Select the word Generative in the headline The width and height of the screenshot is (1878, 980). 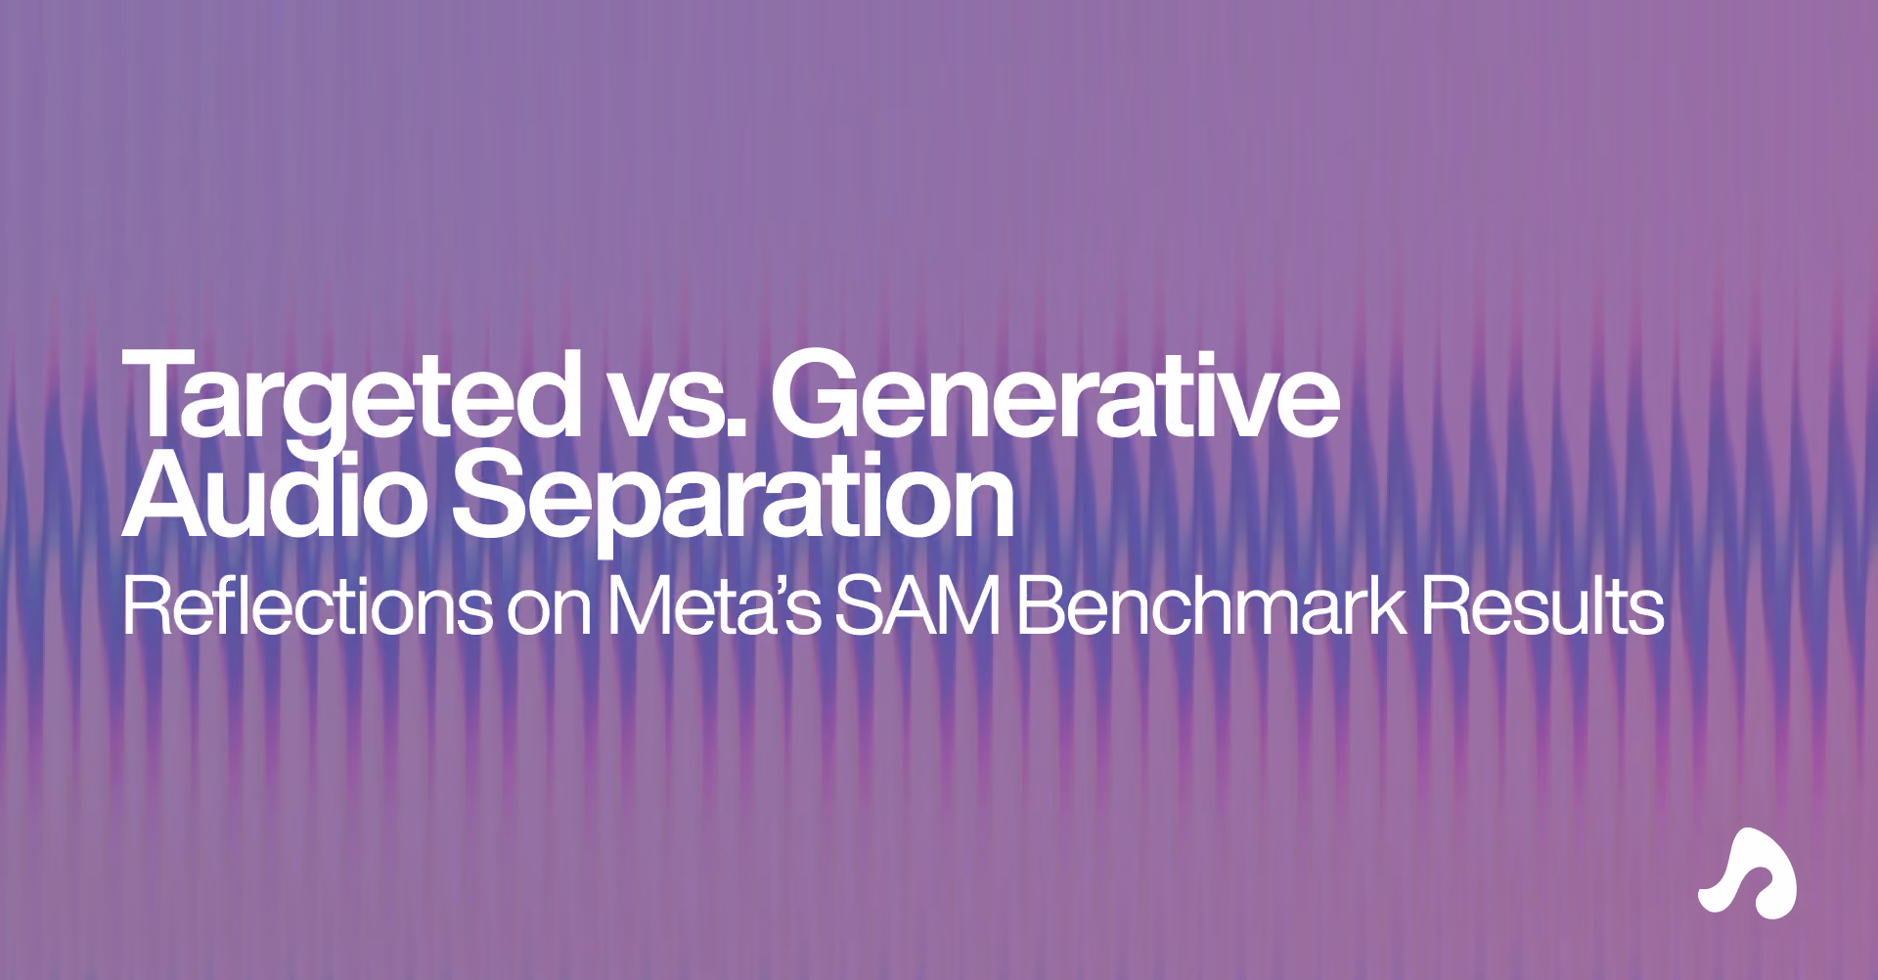click(1054, 394)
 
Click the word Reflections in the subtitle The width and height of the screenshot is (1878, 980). click(307, 606)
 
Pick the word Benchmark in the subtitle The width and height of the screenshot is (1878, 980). click(1211, 606)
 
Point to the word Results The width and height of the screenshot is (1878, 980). click(1543, 607)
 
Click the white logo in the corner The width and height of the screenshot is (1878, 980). click(1748, 873)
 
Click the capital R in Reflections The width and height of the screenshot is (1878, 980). click(146, 607)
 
